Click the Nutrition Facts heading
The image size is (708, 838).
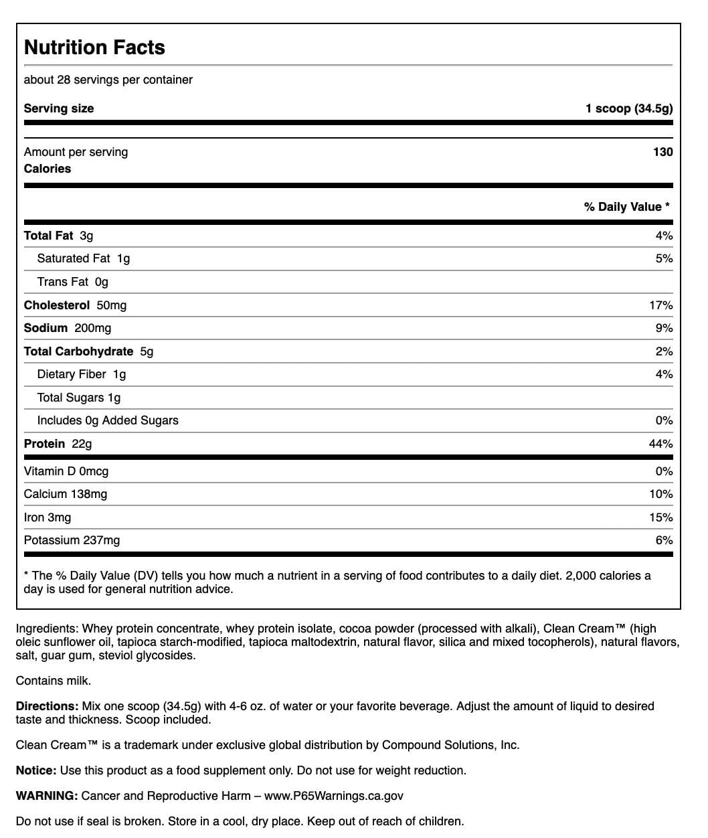click(94, 48)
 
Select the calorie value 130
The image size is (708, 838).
click(662, 152)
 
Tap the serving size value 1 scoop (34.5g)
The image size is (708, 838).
click(628, 108)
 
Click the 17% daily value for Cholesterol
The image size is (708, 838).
click(660, 305)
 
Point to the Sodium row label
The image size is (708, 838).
click(46, 328)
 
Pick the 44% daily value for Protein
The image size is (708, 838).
click(660, 444)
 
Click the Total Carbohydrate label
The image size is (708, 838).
click(78, 351)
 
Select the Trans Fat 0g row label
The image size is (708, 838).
click(72, 282)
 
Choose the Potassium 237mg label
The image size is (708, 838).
click(72, 540)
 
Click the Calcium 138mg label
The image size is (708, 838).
click(65, 494)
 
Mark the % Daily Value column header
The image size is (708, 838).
click(626, 207)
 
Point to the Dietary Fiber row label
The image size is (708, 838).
click(81, 374)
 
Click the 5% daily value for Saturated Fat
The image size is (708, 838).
click(664, 258)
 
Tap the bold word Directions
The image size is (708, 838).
click(47, 706)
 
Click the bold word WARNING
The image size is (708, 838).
click(46, 796)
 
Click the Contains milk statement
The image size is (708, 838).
click(53, 681)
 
